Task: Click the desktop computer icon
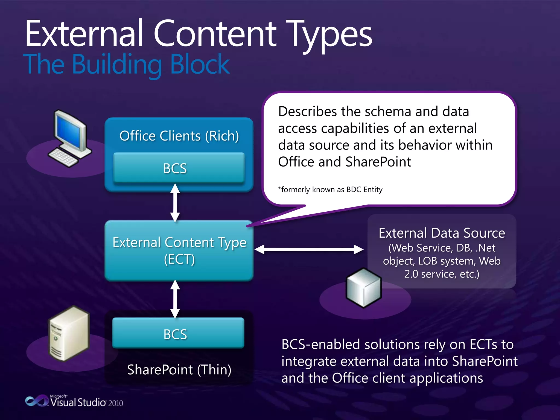click(x=70, y=138)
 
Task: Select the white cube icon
click(x=363, y=288)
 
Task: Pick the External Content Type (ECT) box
click(x=179, y=250)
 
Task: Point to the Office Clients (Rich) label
click(x=179, y=136)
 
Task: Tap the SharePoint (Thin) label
click(x=179, y=370)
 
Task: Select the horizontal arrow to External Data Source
click(x=309, y=249)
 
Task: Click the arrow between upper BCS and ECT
click(x=175, y=203)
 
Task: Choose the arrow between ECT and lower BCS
click(x=175, y=299)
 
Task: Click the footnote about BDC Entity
click(x=330, y=189)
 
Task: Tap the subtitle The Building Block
click(x=127, y=65)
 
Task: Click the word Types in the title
click(x=331, y=34)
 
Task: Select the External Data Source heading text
click(x=442, y=233)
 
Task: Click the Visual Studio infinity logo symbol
click(x=37, y=401)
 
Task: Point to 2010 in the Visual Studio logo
click(x=116, y=403)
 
